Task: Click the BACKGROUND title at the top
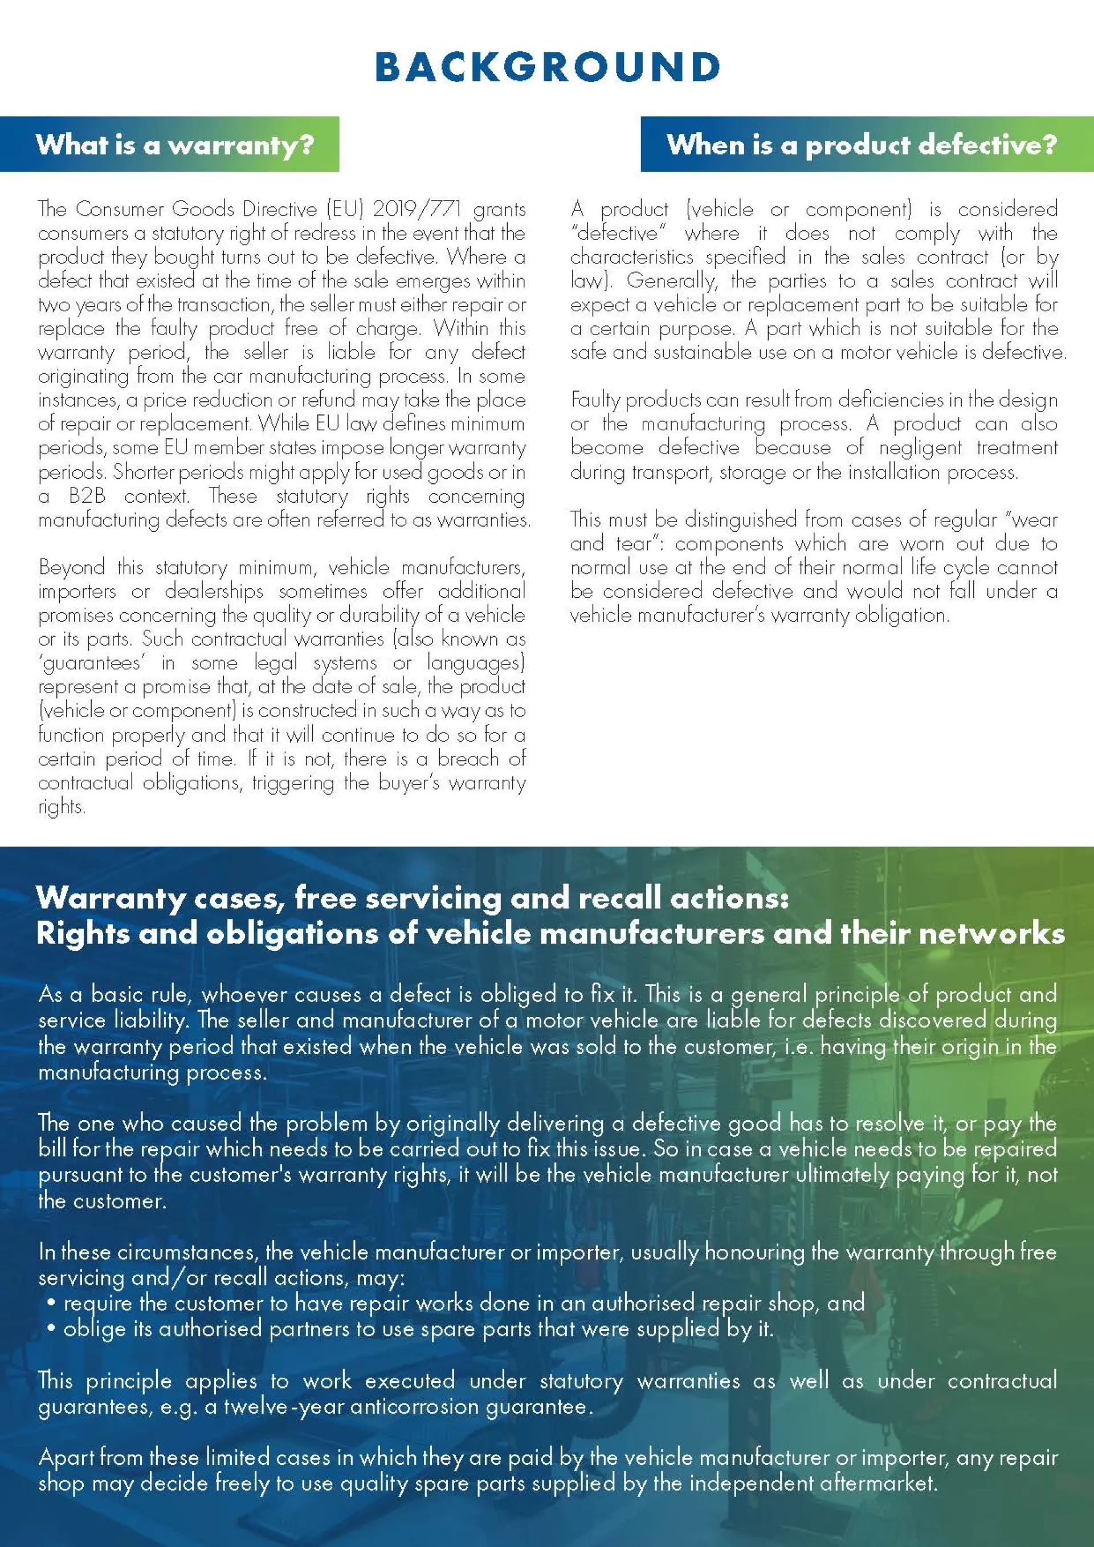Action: pyautogui.click(x=547, y=67)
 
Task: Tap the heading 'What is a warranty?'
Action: pyautogui.click(x=175, y=144)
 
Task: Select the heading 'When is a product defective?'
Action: pyautogui.click(x=862, y=144)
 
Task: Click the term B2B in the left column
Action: pyautogui.click(x=87, y=496)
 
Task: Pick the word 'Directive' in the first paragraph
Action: pyautogui.click(x=279, y=209)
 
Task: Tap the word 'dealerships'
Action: pyautogui.click(x=214, y=591)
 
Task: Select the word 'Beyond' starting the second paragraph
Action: pyautogui.click(x=71, y=567)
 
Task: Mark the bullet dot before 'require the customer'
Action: pyautogui.click(x=51, y=1302)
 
